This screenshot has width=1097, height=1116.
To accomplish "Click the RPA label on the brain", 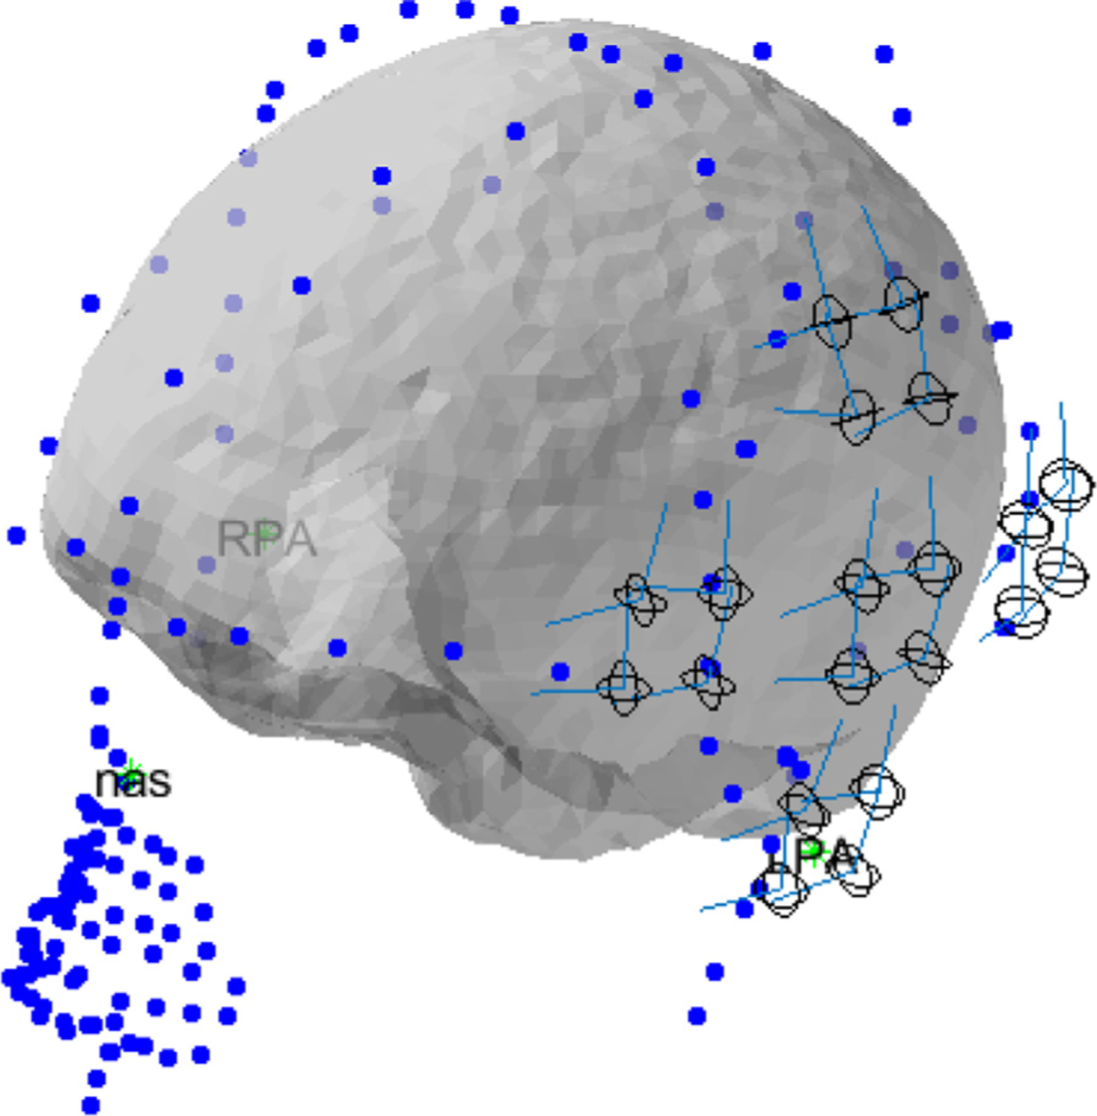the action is click(267, 538).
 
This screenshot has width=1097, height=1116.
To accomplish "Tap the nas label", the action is click(133, 781).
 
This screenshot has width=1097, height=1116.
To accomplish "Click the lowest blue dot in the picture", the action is click(91, 1105).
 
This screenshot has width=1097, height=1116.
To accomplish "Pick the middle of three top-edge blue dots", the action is click(465, 9).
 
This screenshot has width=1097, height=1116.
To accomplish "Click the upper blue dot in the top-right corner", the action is click(884, 55).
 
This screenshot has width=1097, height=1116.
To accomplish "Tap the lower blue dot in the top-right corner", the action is click(902, 116).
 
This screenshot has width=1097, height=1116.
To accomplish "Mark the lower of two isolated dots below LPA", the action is click(697, 1016).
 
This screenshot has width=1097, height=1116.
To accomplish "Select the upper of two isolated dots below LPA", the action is click(715, 972).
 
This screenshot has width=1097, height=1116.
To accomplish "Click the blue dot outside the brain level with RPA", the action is click(17, 535).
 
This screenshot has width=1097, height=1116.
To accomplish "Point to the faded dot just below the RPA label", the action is click(207, 564).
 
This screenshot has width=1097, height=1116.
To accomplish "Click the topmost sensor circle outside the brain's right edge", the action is click(1067, 484).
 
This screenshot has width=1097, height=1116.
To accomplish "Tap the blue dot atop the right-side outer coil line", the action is click(1030, 431).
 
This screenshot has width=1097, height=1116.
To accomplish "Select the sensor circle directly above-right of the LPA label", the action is click(876, 792).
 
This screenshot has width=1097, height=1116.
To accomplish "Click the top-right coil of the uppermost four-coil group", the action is click(904, 303).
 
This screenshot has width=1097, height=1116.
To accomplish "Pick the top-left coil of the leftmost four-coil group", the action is click(639, 598).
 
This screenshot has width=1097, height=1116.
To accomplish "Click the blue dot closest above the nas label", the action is click(118, 757).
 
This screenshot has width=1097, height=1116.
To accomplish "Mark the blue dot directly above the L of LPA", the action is click(771, 844).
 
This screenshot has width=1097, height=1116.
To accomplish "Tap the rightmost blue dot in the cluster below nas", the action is click(236, 986).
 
